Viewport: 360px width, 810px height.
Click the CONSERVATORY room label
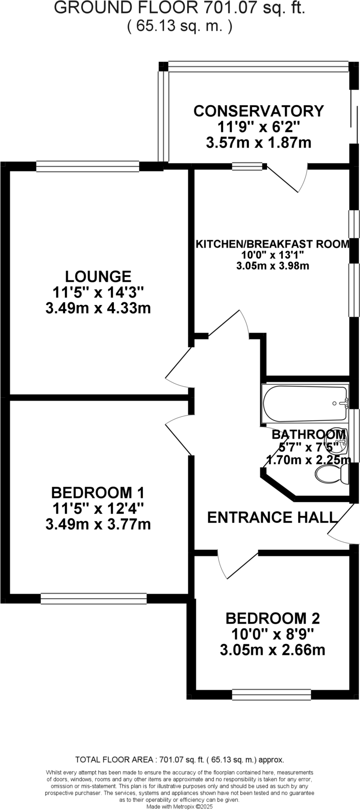coord(258,111)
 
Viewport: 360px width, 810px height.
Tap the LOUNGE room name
coord(98,276)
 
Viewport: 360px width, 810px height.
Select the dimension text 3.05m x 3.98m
coord(273,266)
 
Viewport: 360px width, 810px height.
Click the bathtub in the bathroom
coord(305,403)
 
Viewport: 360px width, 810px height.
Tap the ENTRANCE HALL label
coord(272,517)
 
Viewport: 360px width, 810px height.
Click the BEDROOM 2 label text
coord(273,618)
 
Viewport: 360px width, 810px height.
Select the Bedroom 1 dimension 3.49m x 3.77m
coord(98,524)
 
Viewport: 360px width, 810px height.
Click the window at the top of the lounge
coord(87,166)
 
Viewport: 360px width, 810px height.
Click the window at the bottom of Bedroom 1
coord(93,598)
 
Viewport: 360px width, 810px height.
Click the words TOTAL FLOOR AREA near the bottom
coord(114,760)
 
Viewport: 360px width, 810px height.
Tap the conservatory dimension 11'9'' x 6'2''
coord(258,127)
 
